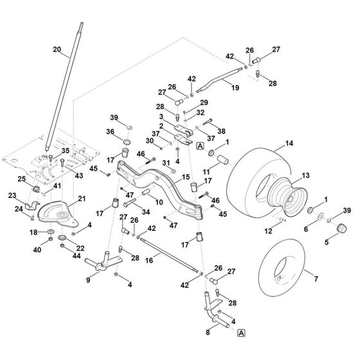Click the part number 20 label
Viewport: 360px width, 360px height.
point(57,50)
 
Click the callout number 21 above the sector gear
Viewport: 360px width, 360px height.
point(82,199)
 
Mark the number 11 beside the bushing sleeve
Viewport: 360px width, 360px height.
point(205,172)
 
